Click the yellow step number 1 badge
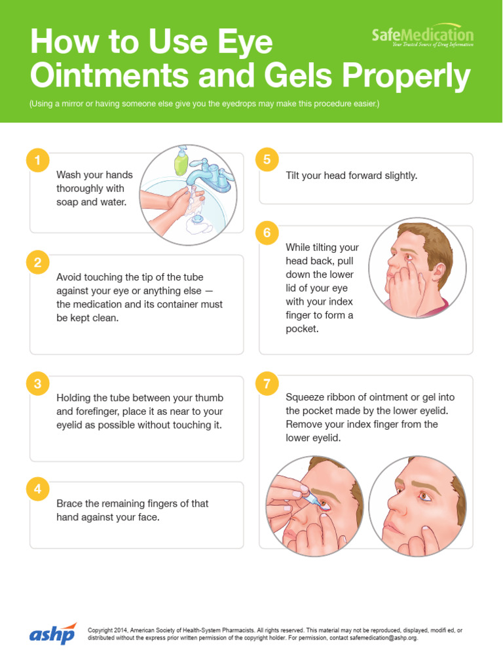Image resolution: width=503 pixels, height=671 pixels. click(x=37, y=161)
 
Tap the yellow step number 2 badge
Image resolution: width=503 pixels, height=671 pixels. click(x=37, y=263)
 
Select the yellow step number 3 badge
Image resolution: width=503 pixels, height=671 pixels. click(x=37, y=384)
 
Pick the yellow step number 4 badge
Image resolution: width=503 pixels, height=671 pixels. click(x=37, y=489)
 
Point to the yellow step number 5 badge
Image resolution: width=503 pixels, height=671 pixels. click(x=267, y=160)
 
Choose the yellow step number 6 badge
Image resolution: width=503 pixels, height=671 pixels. click(x=267, y=233)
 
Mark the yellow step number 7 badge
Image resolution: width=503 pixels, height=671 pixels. click(x=267, y=384)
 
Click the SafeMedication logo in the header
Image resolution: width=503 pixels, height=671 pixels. click(x=422, y=36)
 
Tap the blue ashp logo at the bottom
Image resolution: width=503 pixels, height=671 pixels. click(x=52, y=634)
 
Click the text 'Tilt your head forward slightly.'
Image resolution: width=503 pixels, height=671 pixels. click(x=351, y=176)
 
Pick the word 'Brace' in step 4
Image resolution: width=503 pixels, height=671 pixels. click(x=70, y=503)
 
